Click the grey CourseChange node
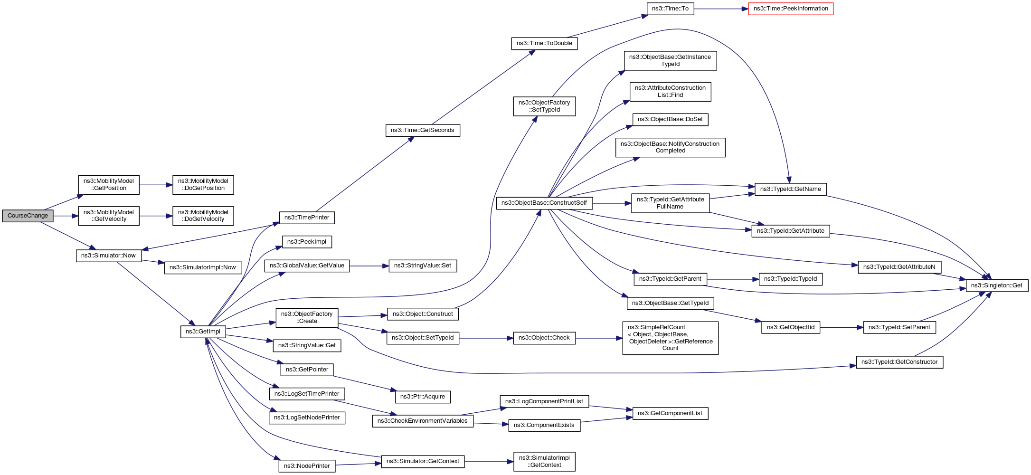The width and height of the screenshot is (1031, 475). click(28, 216)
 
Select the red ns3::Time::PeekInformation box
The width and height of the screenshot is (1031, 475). click(790, 9)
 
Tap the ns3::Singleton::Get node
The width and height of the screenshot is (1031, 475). click(996, 285)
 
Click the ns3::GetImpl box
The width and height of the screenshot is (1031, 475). click(203, 332)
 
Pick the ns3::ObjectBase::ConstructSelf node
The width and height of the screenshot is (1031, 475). click(544, 203)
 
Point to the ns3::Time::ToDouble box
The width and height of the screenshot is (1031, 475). click(544, 43)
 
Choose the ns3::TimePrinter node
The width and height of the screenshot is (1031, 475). click(306, 218)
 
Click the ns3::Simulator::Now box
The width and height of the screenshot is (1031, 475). click(108, 256)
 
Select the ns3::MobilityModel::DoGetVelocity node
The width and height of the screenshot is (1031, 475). click(203, 216)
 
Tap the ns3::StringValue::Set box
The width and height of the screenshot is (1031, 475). click(422, 266)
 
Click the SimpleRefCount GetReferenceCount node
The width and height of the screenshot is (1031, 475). click(670, 338)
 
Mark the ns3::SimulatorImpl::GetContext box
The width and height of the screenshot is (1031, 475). click(544, 461)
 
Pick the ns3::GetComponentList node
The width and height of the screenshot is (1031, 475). click(670, 413)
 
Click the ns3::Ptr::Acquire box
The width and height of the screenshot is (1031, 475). click(422, 397)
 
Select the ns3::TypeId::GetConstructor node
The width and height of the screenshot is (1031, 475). click(899, 362)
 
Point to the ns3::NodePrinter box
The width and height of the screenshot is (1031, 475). click(306, 466)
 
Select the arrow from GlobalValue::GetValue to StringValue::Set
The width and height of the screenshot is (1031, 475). click(369, 266)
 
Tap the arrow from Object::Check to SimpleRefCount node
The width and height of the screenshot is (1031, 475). click(599, 338)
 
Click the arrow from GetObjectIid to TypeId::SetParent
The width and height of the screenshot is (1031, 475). click(841, 327)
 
